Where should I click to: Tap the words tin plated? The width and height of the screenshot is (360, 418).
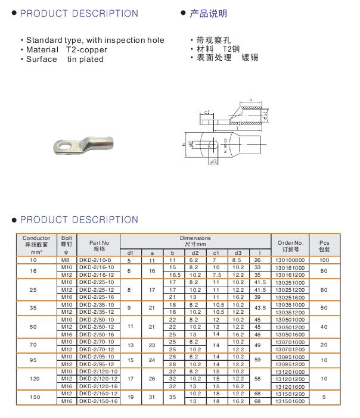(85, 59)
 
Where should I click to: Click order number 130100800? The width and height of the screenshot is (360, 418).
(290, 260)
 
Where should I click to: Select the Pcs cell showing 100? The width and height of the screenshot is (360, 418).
(324, 260)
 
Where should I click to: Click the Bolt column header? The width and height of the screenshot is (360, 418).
(66, 243)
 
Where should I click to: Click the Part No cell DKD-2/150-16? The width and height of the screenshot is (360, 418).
(99, 402)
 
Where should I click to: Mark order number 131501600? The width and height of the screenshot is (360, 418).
(290, 402)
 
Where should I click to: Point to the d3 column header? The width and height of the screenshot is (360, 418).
(237, 253)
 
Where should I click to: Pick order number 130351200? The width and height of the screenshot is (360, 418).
(290, 312)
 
